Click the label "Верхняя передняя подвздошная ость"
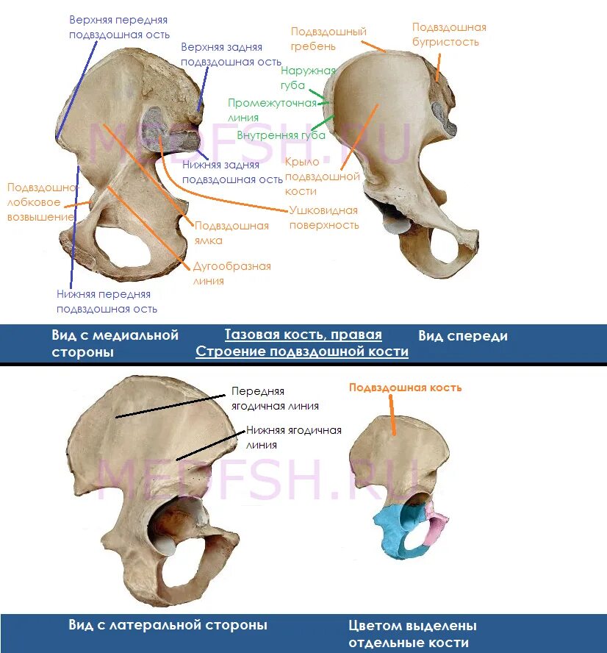point(119,27)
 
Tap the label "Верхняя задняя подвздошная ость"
point(231,54)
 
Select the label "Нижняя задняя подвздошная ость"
point(232,172)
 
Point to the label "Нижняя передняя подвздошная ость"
point(107,301)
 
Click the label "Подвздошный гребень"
point(328,39)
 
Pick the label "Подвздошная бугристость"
point(448,35)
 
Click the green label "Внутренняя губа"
point(281,135)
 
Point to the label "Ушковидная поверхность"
point(323,218)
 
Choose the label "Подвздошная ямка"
point(231,233)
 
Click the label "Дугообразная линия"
point(231,273)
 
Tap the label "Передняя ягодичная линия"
point(275,399)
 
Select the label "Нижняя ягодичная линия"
point(293,438)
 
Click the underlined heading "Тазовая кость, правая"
point(303,335)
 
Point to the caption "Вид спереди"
point(463,336)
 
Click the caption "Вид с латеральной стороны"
point(168,625)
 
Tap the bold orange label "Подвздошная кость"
point(405,388)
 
